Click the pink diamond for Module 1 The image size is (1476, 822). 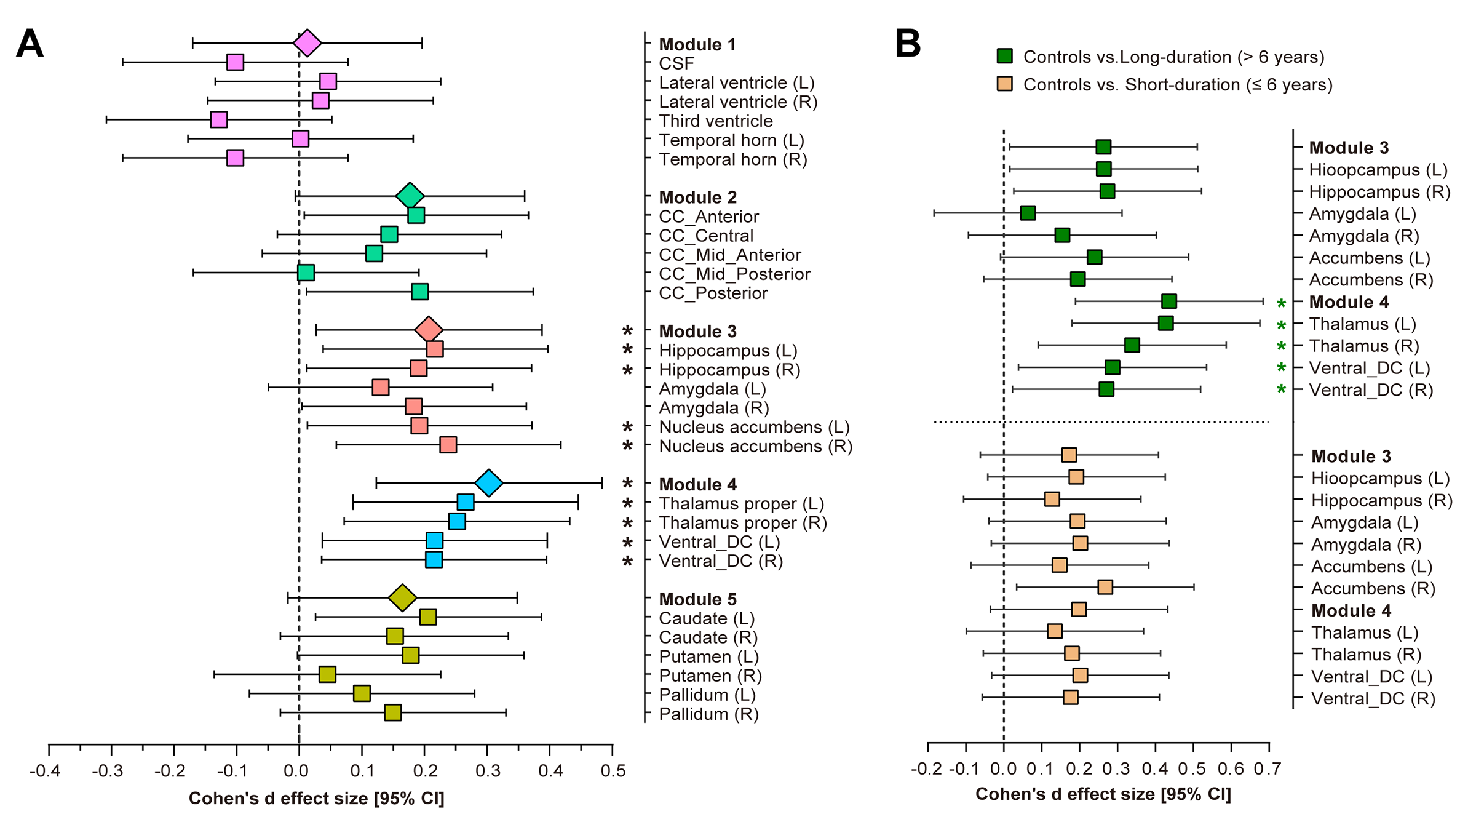click(x=307, y=43)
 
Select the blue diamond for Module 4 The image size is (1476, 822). click(x=489, y=483)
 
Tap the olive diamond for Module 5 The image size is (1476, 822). click(x=403, y=597)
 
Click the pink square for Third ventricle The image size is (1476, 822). click(x=219, y=119)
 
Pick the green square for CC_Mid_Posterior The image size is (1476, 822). click(x=306, y=273)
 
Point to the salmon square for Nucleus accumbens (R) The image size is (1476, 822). click(x=448, y=445)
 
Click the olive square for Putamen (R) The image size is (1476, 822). click(x=328, y=674)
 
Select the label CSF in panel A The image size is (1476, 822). click(x=676, y=64)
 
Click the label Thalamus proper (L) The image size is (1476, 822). click(x=741, y=504)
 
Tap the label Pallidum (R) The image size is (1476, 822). click(x=708, y=714)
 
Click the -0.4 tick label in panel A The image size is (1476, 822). click(x=45, y=771)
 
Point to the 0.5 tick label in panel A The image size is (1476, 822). click(x=613, y=771)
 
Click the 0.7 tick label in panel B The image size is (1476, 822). click(x=1268, y=769)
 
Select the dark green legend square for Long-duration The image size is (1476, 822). click(x=1004, y=57)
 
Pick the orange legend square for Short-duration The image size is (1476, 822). click(x=1004, y=84)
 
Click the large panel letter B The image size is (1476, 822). click(x=908, y=44)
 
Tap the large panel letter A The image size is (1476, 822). click(x=30, y=44)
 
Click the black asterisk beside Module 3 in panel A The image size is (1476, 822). click(x=627, y=331)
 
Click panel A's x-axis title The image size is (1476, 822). click(x=316, y=799)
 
